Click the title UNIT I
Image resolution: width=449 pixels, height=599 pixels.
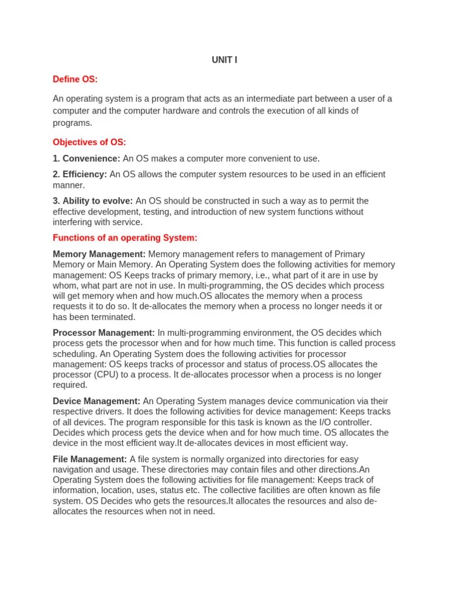pyautogui.click(x=224, y=60)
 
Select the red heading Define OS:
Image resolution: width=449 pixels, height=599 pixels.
pyautogui.click(x=75, y=79)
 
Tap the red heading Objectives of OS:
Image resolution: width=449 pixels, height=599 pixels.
pyautogui.click(x=89, y=142)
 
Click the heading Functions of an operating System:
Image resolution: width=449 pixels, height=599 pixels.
pyautogui.click(x=125, y=237)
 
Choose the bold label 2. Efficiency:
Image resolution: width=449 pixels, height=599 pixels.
pyautogui.click(x=80, y=174)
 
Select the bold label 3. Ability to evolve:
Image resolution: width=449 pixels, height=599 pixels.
pyautogui.click(x=93, y=201)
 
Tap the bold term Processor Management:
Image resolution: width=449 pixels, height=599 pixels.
pyautogui.click(x=104, y=332)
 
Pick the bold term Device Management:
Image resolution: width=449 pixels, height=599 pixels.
pyautogui.click(x=96, y=401)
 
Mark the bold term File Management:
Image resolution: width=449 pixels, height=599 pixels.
pyautogui.click(x=90, y=459)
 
